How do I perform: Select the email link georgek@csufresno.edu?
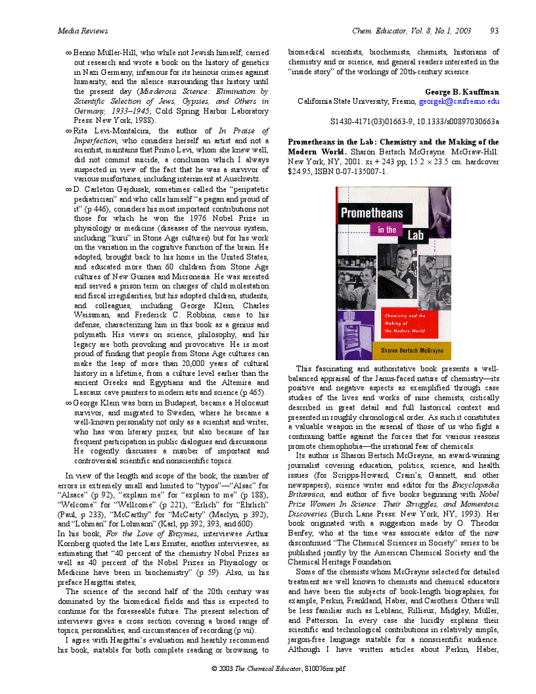coord(459,102)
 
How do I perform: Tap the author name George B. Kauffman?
coord(462,92)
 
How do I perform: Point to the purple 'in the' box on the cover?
coord(388,229)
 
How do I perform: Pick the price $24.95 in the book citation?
coord(301,172)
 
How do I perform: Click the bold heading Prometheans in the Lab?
coord(342,142)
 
